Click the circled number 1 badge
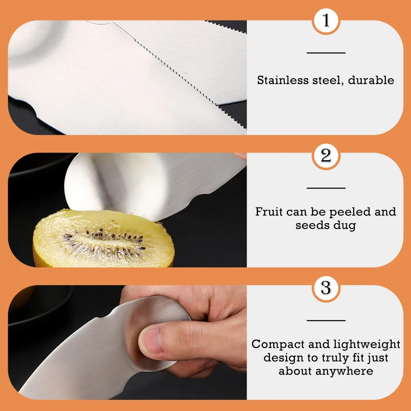[x=326, y=21]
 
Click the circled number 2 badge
[x=326, y=156]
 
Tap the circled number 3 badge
[x=326, y=288]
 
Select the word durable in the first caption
[x=371, y=80]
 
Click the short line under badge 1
[x=326, y=53]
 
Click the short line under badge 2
[x=326, y=188]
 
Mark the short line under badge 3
[x=326, y=320]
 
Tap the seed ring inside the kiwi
[x=103, y=242]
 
